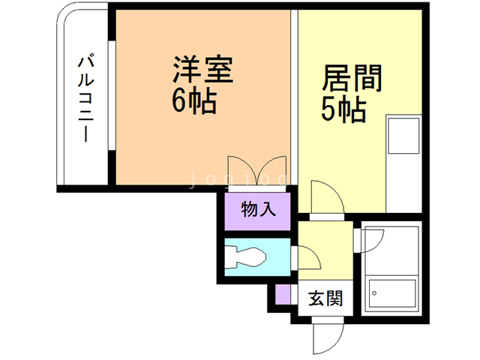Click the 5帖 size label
point(343,111)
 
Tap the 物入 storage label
point(257,209)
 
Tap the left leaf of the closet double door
point(241,168)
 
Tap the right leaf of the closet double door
point(273,168)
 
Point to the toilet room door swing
point(307,257)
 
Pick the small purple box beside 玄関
point(282,295)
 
